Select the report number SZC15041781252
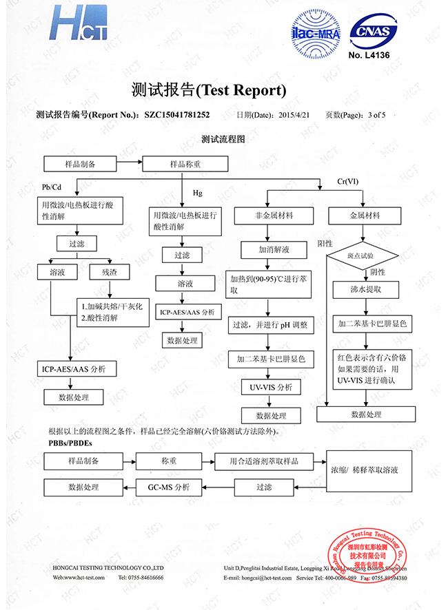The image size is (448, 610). [177, 115]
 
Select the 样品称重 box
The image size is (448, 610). [185, 164]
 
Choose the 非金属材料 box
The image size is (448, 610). [274, 215]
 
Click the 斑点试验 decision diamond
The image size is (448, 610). [361, 255]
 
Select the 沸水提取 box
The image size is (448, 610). [365, 290]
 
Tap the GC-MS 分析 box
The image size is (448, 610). [169, 487]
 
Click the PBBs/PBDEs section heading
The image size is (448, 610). [71, 441]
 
